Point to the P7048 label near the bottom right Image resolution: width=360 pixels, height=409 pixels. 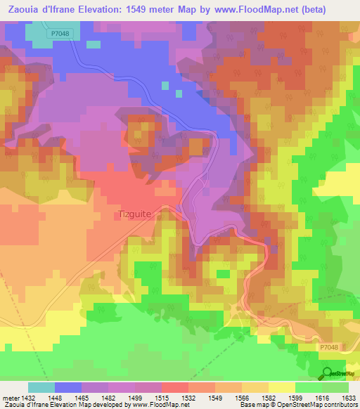tap(327, 346)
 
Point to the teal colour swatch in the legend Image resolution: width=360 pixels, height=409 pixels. tap(41, 387)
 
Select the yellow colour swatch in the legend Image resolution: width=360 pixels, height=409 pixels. tap(281, 387)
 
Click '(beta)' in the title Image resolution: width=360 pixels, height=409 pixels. tap(337, 8)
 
